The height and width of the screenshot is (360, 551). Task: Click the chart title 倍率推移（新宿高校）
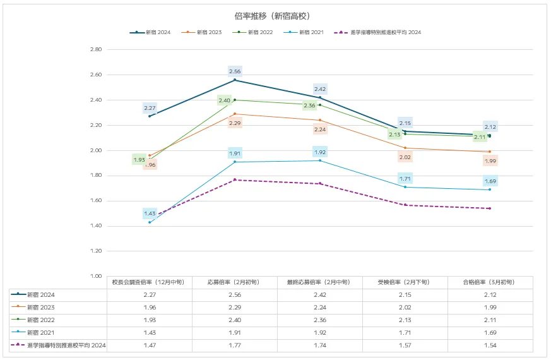coord(276,15)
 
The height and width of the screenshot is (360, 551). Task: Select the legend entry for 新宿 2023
coord(206,32)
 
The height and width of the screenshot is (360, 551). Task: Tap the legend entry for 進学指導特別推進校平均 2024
coord(384,32)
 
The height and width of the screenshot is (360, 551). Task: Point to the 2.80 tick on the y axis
coord(96,49)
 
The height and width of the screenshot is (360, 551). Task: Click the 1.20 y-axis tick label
coord(96,251)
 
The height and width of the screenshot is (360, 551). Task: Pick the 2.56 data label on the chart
coord(235,71)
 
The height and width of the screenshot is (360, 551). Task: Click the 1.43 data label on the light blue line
coord(150,213)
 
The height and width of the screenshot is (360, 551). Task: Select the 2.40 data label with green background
coord(225,100)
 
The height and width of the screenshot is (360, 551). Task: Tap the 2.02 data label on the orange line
coord(405,157)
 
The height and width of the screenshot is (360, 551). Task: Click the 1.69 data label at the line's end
coord(490,181)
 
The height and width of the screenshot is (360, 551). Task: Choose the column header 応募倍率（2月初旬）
coord(234,282)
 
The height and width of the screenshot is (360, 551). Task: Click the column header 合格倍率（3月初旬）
coord(490,282)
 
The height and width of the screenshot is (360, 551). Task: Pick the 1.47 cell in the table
coord(149,345)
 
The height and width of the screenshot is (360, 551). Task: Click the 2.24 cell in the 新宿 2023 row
coord(319,308)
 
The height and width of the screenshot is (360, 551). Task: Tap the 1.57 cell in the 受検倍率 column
coord(405,345)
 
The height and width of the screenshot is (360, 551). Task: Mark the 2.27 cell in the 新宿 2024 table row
coord(149,295)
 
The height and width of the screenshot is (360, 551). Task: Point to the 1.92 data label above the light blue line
coord(320,152)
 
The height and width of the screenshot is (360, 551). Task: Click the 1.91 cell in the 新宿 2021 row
coord(234,333)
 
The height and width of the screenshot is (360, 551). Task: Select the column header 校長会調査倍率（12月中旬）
coord(149,282)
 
